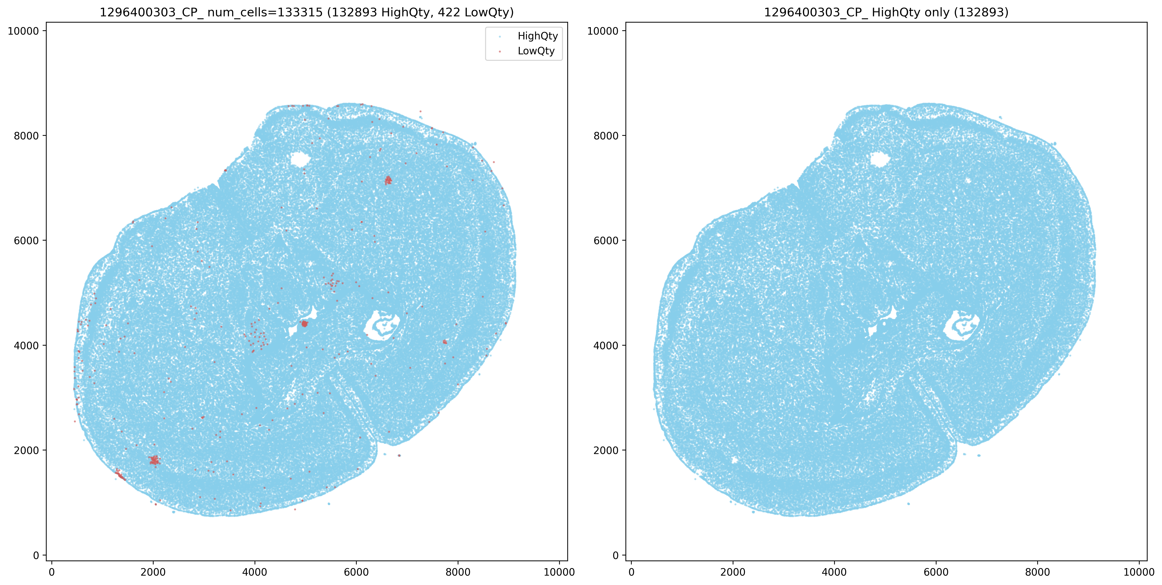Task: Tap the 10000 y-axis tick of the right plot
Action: click(603, 31)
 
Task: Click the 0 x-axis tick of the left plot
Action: click(52, 572)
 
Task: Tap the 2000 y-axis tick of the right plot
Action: click(606, 450)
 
